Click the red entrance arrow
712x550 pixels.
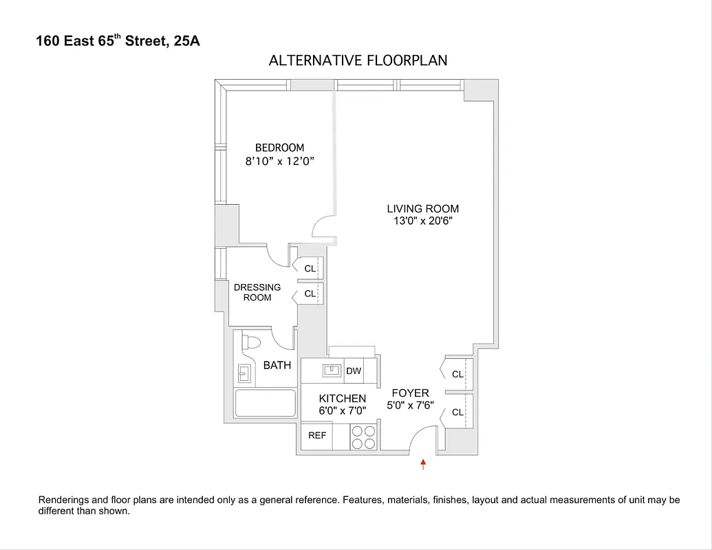pyautogui.click(x=423, y=465)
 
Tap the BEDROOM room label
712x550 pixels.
pyautogui.click(x=279, y=148)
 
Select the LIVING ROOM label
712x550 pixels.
pyautogui.click(x=422, y=209)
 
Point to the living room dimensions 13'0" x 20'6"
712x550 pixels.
pyautogui.click(x=422, y=221)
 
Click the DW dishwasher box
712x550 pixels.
pyautogui.click(x=354, y=371)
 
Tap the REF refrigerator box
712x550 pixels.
pyautogui.click(x=317, y=436)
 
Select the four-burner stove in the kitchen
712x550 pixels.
pyautogui.click(x=364, y=437)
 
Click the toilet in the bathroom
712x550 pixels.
pyautogui.click(x=252, y=342)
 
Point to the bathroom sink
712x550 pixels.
pyautogui.click(x=244, y=373)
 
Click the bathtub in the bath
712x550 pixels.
pyautogui.click(x=265, y=403)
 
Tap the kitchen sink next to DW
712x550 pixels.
pyautogui.click(x=332, y=371)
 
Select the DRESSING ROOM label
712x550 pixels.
pyautogui.click(x=257, y=292)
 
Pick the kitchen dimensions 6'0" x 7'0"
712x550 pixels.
pyautogui.click(x=342, y=410)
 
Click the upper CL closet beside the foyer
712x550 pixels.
pyautogui.click(x=457, y=375)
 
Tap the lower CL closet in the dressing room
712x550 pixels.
pyautogui.click(x=310, y=294)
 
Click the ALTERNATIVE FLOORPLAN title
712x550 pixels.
pyautogui.click(x=358, y=60)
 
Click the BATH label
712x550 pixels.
pyautogui.click(x=277, y=365)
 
